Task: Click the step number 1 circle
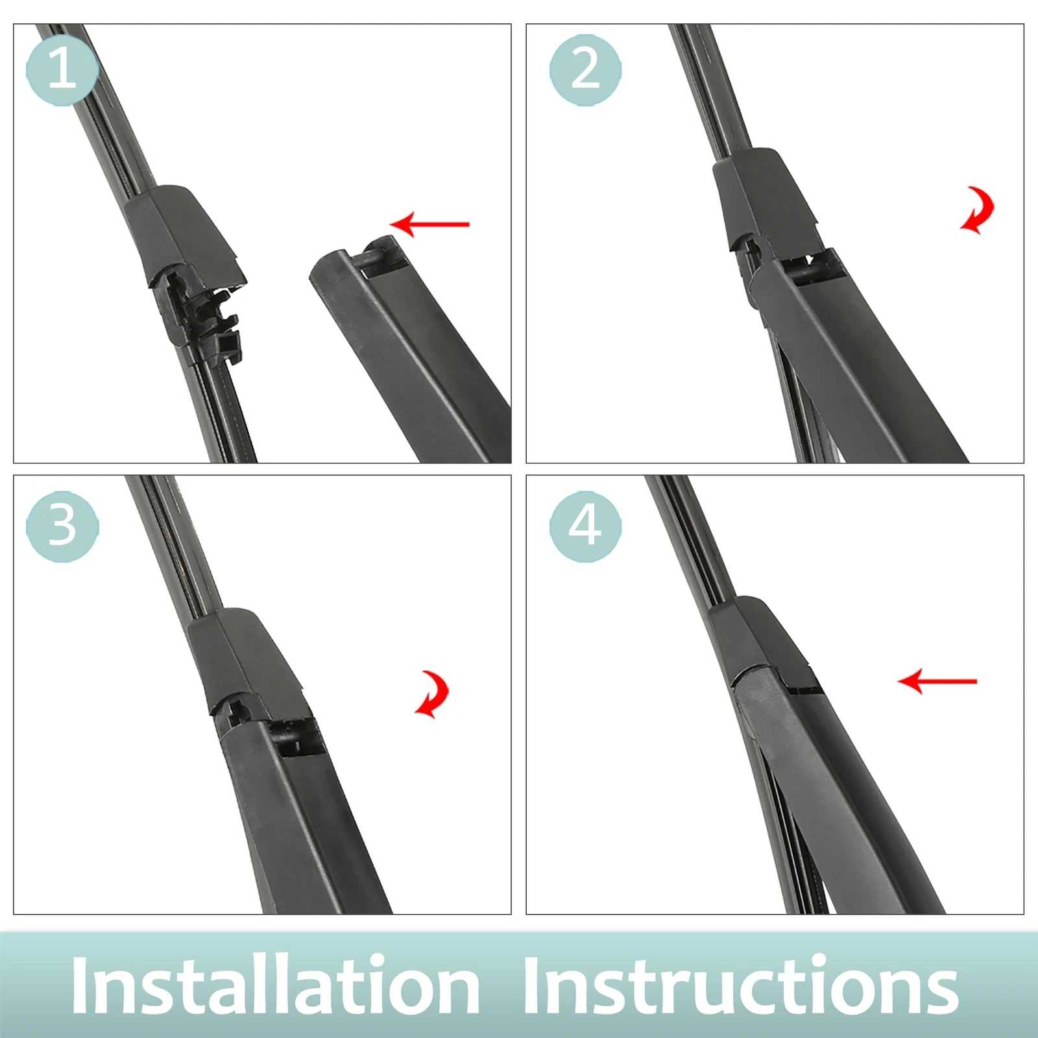[62, 69]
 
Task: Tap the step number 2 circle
[585, 69]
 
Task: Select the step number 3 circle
[62, 526]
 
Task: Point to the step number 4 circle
[585, 526]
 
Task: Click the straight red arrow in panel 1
[429, 224]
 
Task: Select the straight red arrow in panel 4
[937, 681]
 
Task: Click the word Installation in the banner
[276, 985]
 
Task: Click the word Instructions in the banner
[740, 985]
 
